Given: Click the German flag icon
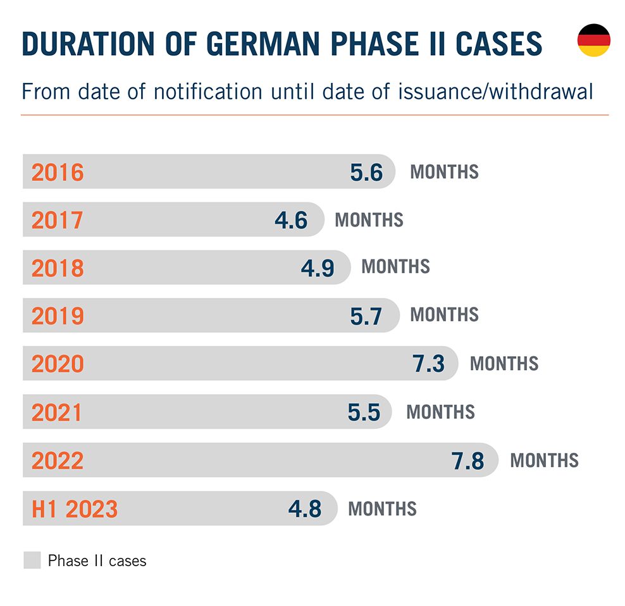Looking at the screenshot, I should click(x=593, y=40).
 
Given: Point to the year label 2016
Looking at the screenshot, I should click(x=58, y=172).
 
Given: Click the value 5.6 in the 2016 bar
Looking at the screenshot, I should click(x=366, y=172).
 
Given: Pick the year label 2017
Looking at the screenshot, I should click(x=58, y=220).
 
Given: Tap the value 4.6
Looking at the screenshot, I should click(x=291, y=220).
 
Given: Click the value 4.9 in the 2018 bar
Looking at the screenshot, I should click(x=317, y=268).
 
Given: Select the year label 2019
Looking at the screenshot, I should click(x=58, y=316).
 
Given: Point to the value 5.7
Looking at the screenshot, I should click(x=366, y=316).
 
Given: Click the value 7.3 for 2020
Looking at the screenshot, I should click(x=428, y=364).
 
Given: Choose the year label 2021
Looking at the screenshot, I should click(x=58, y=412).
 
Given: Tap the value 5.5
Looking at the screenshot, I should click(x=364, y=412).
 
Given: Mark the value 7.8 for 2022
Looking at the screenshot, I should click(x=468, y=461).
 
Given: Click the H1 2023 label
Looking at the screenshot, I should click(x=75, y=509).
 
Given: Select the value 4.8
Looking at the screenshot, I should click(x=305, y=509).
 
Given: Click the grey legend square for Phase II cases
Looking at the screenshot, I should click(x=32, y=560).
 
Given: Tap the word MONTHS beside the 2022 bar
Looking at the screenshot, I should click(x=544, y=460).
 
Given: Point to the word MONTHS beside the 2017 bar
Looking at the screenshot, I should click(x=369, y=220).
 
